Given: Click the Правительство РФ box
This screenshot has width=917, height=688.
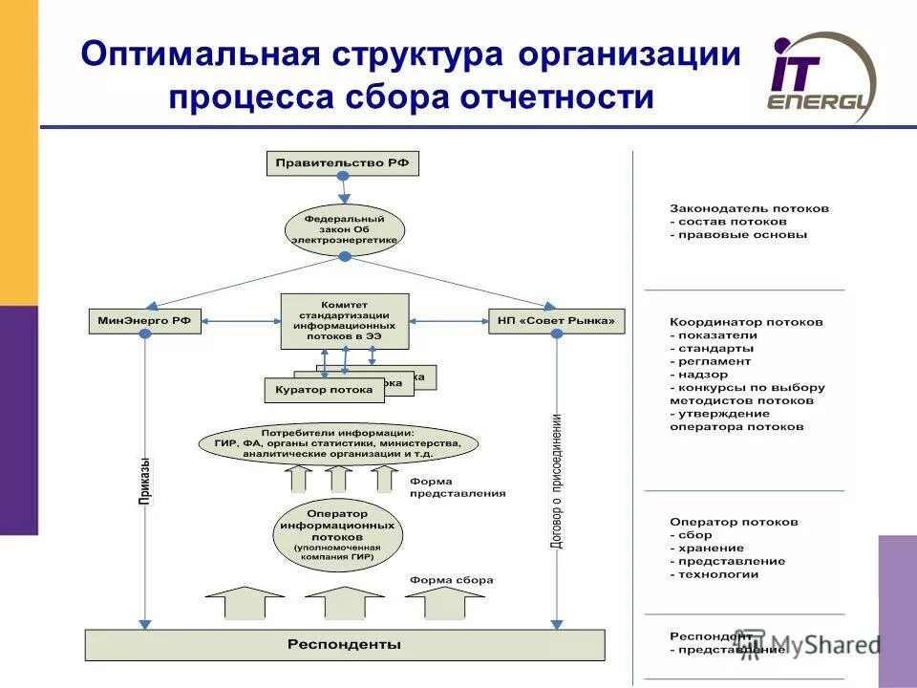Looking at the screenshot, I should coord(342,163).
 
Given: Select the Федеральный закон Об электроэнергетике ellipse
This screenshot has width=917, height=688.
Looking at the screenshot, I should coord(345,229).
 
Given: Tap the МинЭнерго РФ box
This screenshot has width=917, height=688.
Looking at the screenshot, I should coord(145,322).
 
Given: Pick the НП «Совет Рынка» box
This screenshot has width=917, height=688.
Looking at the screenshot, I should coord(557,322).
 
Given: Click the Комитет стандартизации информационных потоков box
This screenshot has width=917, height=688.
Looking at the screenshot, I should coord(345,321).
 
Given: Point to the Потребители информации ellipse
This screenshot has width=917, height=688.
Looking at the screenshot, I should coord(339,443).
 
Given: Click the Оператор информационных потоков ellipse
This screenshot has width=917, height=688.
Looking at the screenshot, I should coord(336,532).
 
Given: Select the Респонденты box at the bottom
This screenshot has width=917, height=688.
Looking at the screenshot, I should coord(345,645).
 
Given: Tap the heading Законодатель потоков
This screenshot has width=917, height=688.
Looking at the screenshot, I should coord(749,207).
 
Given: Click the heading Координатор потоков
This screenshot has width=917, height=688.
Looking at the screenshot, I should coord(746,322).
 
